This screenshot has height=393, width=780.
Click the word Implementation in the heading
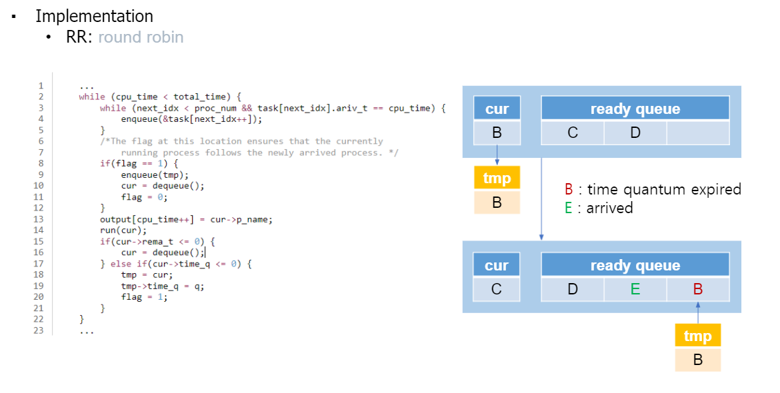coord(94,16)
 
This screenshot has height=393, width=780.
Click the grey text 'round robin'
coord(141,37)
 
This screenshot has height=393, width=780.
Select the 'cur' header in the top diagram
coord(497,109)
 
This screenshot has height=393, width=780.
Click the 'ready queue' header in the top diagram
coord(635,109)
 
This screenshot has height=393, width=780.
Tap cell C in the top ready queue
coord(573,133)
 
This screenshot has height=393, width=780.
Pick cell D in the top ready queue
coord(635,133)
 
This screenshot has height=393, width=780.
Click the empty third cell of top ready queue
coord(697,133)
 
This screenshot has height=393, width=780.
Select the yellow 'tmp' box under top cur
coord(497,179)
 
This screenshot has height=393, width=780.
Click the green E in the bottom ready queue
coord(635,289)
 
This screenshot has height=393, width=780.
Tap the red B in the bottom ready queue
coord(697,289)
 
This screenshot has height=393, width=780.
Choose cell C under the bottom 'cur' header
coord(497,289)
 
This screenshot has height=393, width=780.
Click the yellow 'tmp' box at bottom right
coord(697,336)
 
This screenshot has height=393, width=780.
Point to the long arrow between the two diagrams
coord(541,200)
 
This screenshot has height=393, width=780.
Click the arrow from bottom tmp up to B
coord(697,313)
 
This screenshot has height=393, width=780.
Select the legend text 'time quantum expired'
coord(664,189)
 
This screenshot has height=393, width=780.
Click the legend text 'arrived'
coord(609,208)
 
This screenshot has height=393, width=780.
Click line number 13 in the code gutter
coord(40,219)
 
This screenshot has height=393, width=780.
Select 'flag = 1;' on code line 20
coord(144,297)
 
